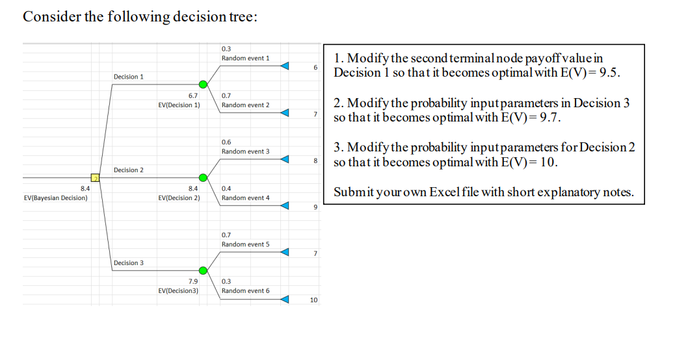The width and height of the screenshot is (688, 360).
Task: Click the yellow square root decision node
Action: (94, 177)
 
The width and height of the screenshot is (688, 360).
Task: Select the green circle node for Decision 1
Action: (203, 84)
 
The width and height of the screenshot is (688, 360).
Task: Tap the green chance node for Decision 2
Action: (203, 177)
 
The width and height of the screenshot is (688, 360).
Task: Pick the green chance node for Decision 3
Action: (203, 270)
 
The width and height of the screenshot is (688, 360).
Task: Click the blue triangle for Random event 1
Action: (284, 66)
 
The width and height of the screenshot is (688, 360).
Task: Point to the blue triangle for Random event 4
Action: (284, 206)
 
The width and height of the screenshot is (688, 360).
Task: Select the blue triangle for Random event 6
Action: (284, 300)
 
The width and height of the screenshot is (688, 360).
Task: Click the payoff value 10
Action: (313, 300)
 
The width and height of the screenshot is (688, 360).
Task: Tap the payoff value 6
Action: (315, 67)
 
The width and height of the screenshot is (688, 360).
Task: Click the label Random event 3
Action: (245, 151)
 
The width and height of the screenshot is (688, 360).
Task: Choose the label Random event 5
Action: (245, 244)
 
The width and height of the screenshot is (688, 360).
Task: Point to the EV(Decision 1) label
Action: (179, 105)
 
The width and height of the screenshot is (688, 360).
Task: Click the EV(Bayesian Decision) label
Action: (55, 198)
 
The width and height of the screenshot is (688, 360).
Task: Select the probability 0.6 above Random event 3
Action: (226, 142)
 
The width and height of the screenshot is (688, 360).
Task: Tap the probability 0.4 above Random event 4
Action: (226, 188)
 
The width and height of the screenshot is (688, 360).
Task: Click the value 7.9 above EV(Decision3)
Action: (192, 281)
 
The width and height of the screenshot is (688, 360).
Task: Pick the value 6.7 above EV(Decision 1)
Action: (192, 95)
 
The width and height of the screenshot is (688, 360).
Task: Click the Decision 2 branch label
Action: (129, 170)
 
